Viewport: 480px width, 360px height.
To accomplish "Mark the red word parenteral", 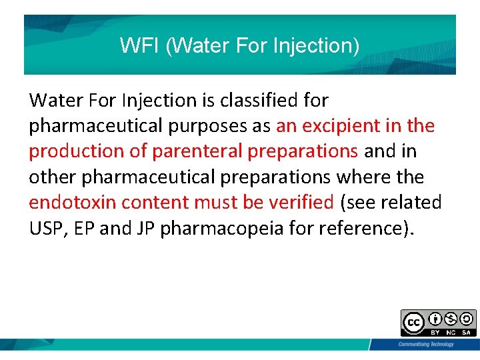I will click(x=197, y=152).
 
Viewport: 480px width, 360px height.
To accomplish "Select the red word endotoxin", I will click(x=72, y=202).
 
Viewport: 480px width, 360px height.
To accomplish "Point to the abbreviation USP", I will click(x=45, y=228).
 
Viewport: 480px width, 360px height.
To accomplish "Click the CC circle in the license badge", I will click(x=413, y=323).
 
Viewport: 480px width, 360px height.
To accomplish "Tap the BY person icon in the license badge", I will click(x=434, y=319).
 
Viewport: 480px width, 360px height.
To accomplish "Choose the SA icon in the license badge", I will click(x=466, y=319).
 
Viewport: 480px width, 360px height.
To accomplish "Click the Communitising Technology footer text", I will click(x=425, y=344).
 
